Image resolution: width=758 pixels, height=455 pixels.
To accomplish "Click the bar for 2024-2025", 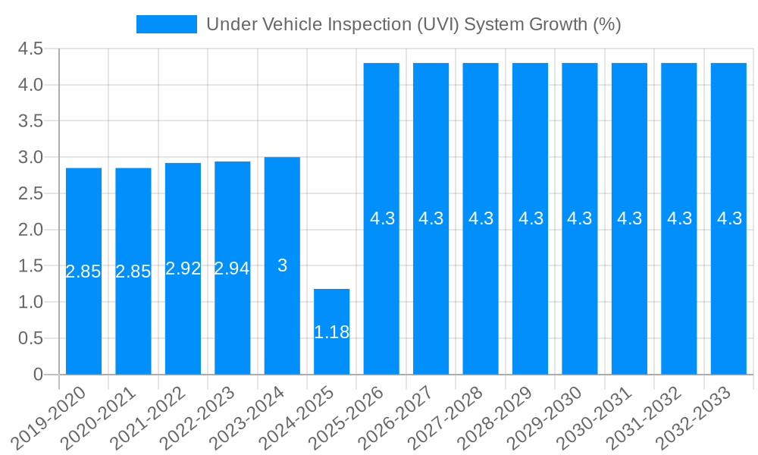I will [331, 331].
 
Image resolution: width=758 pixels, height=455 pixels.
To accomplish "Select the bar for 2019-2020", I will [83, 271].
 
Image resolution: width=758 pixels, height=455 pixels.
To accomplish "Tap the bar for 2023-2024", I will [282, 265].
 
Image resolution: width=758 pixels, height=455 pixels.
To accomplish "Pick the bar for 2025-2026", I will [381, 218].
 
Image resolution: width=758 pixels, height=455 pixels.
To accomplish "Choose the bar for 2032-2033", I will [728, 218].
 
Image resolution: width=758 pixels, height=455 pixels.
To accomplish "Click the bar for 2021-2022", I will [183, 268].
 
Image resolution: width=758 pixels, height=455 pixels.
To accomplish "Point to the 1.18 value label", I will [331, 332].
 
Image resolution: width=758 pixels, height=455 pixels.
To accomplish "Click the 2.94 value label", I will [232, 268].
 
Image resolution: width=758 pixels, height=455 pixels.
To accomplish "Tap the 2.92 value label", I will [183, 268].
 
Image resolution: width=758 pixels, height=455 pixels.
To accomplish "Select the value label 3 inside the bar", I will [282, 265].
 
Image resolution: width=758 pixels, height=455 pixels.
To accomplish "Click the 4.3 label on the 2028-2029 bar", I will [531, 218].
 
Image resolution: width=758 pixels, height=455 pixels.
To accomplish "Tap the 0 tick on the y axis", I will [39, 375].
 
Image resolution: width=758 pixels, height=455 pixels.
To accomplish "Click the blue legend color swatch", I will [166, 24].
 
